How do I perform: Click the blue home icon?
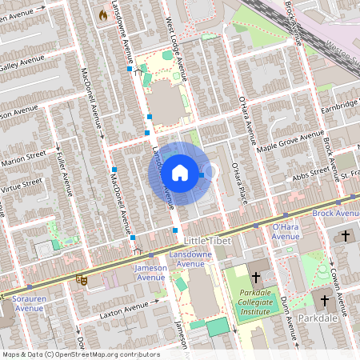tap(180, 172)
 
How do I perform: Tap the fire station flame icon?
tap(102, 14)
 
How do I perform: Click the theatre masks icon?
tap(81, 279)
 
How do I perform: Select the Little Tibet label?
tap(207, 241)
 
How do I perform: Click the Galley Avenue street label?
tap(22, 63)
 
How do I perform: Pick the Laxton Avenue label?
tap(124, 310)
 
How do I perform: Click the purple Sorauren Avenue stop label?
tap(29, 302)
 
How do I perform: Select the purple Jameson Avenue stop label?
tap(150, 272)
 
